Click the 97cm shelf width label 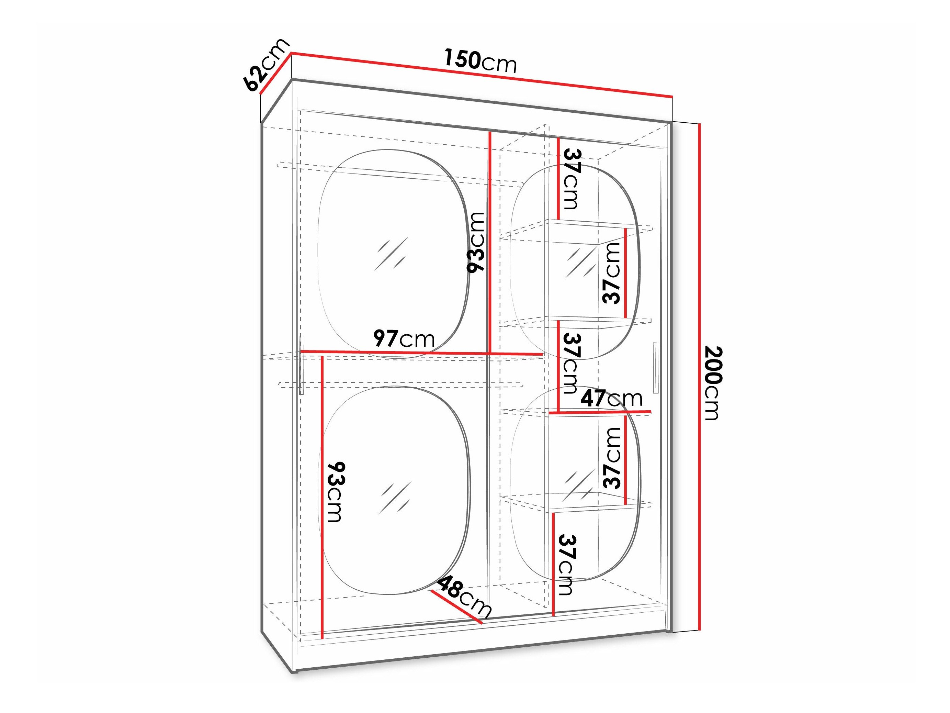(x=404, y=339)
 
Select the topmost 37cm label (x=572, y=178)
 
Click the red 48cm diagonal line (x=456, y=606)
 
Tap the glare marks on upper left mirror (x=391, y=254)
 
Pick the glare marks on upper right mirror (x=579, y=263)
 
